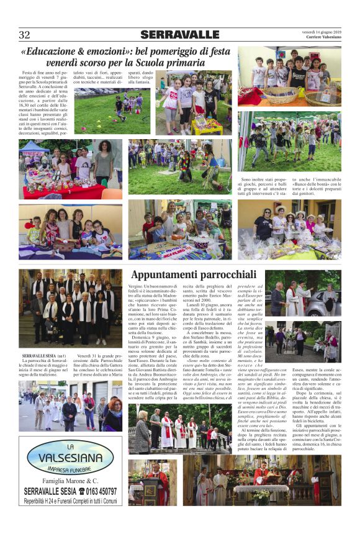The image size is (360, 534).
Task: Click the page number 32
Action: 24,35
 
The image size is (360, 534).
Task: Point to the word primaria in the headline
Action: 185,63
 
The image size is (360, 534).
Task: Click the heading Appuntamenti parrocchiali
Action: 193,274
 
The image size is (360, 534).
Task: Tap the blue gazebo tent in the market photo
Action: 34,147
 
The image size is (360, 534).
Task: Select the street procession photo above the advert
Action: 70,407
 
